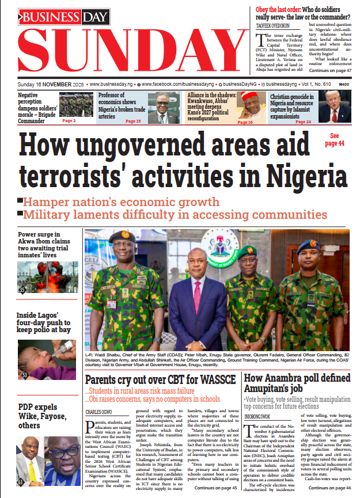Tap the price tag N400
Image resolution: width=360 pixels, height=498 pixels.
[x=344, y=84]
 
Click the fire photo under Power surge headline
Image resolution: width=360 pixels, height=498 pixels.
[x=47, y=279]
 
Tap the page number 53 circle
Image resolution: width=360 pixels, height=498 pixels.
[x=25, y=375]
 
